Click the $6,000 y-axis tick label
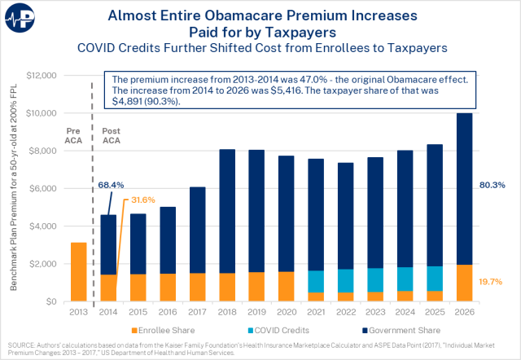point(41,189)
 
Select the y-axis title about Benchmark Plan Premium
point(14,187)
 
